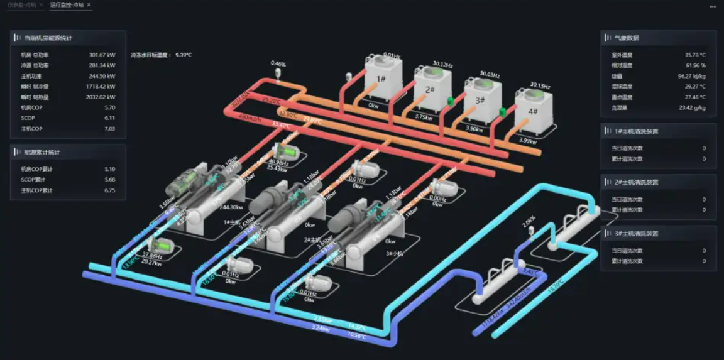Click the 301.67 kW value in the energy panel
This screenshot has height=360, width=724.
[102, 55]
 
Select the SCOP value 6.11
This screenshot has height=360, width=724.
[110, 118]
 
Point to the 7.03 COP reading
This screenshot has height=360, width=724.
[110, 129]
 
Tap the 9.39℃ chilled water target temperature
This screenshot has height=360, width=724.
[183, 55]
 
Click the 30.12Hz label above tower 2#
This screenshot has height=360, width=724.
[442, 64]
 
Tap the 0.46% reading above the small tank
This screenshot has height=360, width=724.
[278, 64]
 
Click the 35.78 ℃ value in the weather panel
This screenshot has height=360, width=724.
[695, 55]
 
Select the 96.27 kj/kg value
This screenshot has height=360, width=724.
[692, 76]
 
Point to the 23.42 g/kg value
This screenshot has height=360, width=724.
[693, 108]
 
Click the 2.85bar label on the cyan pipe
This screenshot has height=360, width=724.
[322, 319]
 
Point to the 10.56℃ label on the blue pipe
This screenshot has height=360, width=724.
[358, 335]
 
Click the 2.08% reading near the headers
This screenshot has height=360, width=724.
[529, 220]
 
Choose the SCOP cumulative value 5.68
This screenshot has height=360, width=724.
[110, 180]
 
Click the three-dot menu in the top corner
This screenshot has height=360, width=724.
[713, 6]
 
